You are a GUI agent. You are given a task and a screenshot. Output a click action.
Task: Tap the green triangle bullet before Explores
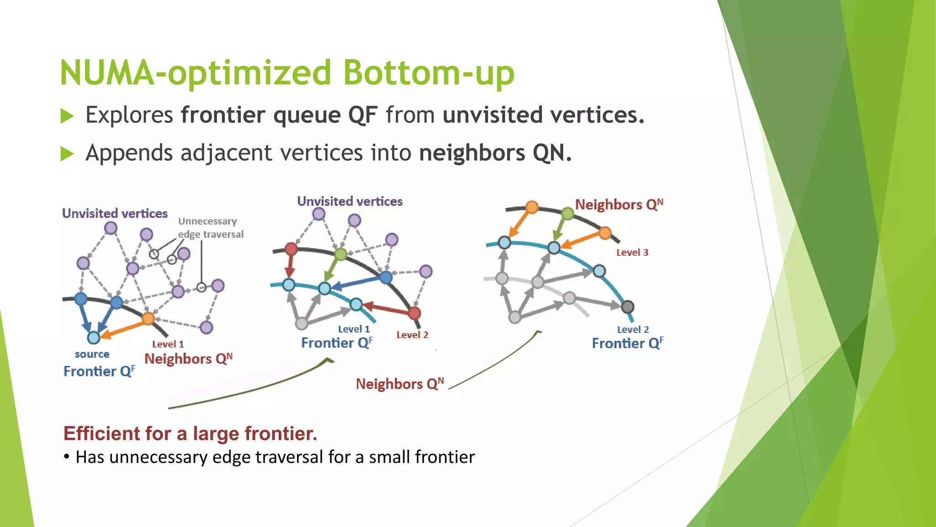[67, 116]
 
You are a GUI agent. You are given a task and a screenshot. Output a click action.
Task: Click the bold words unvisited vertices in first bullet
[543, 115]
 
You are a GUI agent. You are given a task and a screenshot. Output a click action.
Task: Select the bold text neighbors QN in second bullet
[495, 153]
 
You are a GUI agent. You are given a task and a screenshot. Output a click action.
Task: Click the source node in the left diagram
[94, 338]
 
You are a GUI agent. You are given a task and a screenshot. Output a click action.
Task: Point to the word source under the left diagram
[92, 354]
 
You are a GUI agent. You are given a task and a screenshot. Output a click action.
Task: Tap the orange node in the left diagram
[148, 318]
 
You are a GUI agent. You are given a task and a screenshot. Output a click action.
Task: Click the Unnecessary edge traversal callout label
[210, 227]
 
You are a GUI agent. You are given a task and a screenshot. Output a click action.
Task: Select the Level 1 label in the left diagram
[168, 344]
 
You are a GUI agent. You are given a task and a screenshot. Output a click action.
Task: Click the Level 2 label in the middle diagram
[412, 335]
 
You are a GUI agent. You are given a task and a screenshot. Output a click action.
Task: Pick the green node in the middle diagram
[341, 254]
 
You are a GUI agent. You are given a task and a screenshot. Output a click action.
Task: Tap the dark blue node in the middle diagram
[386, 277]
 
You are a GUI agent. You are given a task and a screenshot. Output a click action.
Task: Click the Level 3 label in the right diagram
[632, 253]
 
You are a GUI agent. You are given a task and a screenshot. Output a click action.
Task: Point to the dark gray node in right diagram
[628, 307]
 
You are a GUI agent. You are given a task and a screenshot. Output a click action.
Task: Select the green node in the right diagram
[567, 213]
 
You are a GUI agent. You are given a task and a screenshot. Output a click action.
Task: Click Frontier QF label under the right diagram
[627, 343]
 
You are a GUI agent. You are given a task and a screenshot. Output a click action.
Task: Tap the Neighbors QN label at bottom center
[399, 384]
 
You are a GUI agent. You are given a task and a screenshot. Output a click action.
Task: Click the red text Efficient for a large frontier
[190, 433]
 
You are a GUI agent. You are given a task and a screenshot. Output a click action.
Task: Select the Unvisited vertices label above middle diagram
[350, 201]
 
